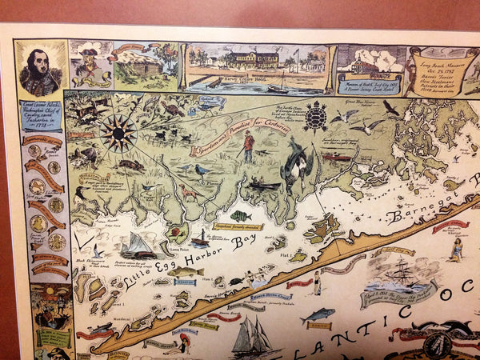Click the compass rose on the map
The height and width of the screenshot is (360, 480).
coord(118,132)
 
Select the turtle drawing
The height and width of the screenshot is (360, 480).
coord(316,117)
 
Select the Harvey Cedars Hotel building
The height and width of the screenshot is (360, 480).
coord(252,60)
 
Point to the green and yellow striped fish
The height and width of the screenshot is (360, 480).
coord(240,215)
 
